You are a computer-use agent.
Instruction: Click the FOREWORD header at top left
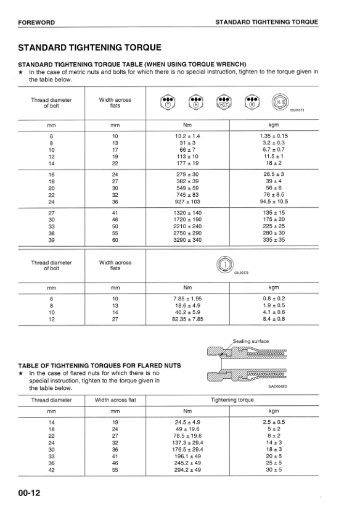[36, 22]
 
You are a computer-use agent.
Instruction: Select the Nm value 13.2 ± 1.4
[188, 136]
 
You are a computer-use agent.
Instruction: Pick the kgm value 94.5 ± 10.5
[274, 201]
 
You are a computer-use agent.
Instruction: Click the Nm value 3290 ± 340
[188, 239]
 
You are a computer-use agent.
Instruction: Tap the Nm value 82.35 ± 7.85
[188, 319]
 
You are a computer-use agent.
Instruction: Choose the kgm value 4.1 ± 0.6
[274, 312]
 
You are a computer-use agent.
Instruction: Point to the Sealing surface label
[250, 341]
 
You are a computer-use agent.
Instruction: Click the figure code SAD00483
[277, 386]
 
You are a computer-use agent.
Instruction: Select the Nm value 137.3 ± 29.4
[188, 442]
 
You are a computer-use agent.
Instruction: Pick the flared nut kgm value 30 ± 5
[274, 469]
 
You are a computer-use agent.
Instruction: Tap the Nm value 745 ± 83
[188, 194]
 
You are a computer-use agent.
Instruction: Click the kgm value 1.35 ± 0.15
[274, 136]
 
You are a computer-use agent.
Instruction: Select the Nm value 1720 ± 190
[188, 219]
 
